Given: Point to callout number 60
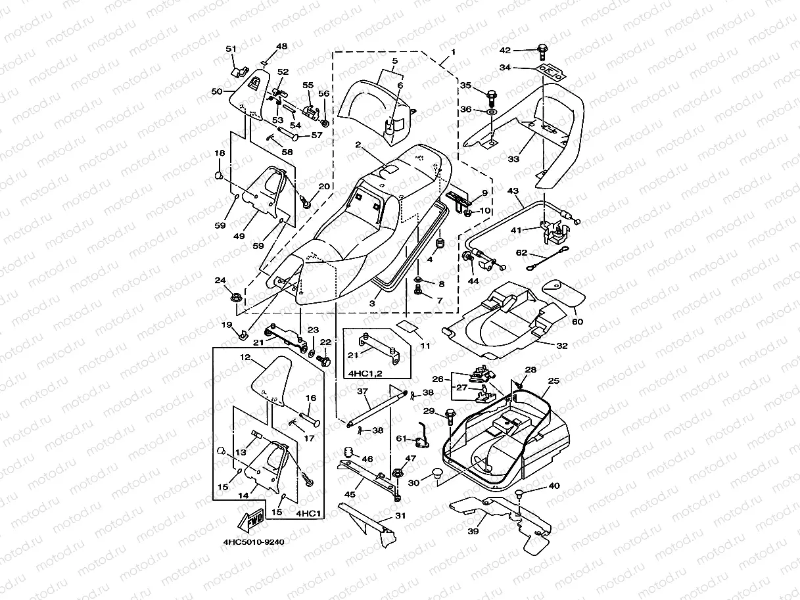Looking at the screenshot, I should (577, 321).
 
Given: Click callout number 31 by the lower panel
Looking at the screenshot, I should (401, 517).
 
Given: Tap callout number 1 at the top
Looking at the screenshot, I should (452, 51).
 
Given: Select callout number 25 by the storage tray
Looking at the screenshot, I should (553, 381).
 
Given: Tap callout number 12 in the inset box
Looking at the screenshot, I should (245, 358).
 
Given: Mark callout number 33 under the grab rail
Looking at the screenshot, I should (513, 159).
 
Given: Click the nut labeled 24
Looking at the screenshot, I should (235, 298).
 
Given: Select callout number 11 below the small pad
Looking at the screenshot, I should (425, 345).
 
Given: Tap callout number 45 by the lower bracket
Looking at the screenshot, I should (350, 495).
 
